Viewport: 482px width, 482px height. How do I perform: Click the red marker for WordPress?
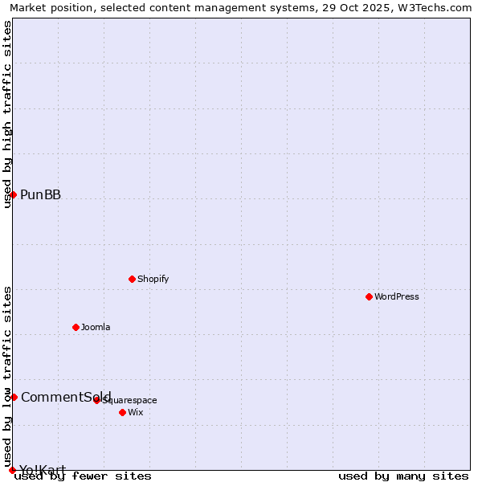pos(369,296)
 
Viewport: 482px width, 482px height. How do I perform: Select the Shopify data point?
pos(132,279)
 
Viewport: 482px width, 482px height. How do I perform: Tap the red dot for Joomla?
pos(76,327)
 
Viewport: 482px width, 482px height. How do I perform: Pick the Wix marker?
pos(122,412)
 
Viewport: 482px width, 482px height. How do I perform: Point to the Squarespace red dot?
pos(96,400)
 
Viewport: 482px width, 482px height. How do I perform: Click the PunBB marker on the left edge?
pos(13,194)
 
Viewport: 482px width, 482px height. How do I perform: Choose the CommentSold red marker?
pos(14,397)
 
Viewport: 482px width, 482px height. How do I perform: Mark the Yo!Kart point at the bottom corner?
pos(12,470)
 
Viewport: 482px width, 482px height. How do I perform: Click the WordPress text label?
pos(396,296)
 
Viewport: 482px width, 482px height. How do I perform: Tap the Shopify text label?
pos(153,279)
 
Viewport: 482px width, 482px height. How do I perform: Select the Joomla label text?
pos(96,327)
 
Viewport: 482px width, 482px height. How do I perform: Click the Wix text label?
pos(135,412)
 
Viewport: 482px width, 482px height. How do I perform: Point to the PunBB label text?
pos(40,194)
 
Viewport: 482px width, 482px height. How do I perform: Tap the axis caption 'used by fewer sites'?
pos(83,476)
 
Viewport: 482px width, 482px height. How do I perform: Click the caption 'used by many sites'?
pos(403,476)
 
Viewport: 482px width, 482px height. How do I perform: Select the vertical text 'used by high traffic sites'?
pos(7,114)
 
